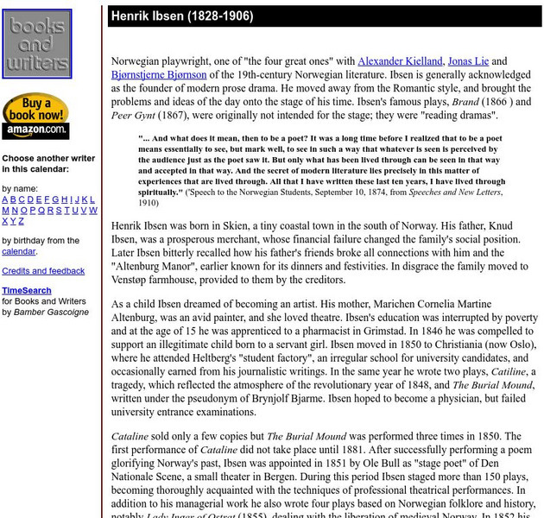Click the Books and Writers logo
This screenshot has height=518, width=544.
[x=37, y=44]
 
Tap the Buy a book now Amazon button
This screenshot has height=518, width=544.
[x=35, y=116]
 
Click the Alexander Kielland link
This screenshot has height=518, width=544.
[x=400, y=61]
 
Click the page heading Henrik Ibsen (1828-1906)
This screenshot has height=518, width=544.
[x=181, y=16]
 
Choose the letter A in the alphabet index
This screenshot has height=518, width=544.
[x=5, y=199]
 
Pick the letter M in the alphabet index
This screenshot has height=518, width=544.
[x=5, y=211]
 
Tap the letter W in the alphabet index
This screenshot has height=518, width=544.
[x=93, y=211]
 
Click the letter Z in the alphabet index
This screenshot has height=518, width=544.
[x=22, y=222]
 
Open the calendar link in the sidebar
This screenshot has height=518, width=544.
[x=18, y=252]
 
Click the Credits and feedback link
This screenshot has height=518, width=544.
[x=43, y=271]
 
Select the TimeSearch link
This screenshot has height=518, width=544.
[x=27, y=291]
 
